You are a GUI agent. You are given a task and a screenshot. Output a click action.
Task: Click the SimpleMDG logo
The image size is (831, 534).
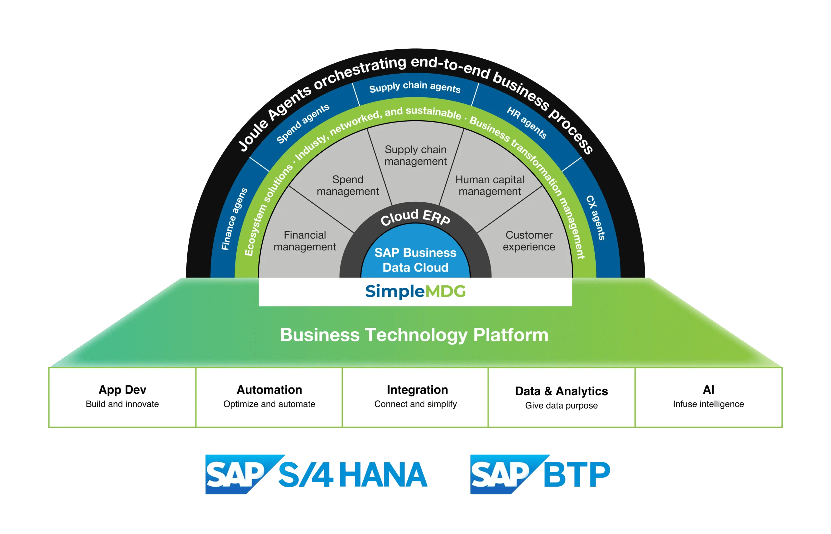click(x=415, y=291)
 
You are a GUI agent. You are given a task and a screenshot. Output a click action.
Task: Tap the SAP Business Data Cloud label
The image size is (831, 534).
click(x=415, y=260)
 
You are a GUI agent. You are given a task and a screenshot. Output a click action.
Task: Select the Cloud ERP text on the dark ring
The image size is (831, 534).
click(x=415, y=217)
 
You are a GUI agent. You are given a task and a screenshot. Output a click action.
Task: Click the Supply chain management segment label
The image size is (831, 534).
click(x=415, y=155)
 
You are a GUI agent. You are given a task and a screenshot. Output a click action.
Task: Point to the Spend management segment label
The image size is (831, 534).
click(x=348, y=185)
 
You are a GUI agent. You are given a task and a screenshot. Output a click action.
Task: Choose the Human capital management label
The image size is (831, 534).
click(x=490, y=185)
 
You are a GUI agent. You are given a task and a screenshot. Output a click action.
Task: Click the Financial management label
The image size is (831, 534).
click(x=305, y=241)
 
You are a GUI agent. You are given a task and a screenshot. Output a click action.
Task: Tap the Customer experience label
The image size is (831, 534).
click(x=529, y=241)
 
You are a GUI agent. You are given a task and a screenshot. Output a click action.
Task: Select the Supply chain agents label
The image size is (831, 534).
click(x=415, y=87)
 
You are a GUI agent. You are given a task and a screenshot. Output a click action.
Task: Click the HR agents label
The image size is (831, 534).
click(x=527, y=123)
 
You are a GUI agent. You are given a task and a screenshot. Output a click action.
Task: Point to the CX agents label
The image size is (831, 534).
click(x=596, y=218)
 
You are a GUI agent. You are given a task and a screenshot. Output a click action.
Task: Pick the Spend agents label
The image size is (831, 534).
click(x=303, y=124)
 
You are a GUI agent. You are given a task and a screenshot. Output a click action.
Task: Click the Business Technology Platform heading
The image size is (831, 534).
click(x=414, y=335)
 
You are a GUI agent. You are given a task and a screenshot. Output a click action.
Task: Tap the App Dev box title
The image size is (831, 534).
click(x=122, y=390)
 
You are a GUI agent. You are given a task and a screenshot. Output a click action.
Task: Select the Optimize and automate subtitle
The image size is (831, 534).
click(x=269, y=404)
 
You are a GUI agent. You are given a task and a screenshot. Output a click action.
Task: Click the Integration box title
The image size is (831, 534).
click(x=417, y=390)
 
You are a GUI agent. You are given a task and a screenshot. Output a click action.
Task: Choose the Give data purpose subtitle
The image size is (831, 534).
click(x=561, y=406)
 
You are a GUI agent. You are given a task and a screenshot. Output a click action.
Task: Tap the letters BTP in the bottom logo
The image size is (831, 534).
click(x=577, y=474)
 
